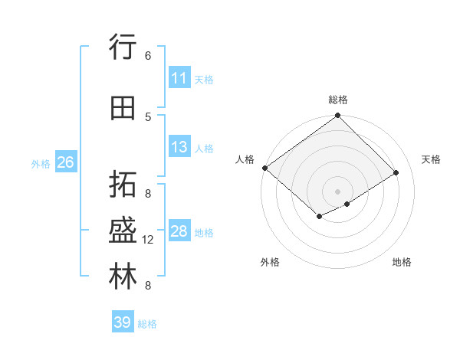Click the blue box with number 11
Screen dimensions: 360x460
(x=179, y=78)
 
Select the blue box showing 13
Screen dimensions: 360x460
(x=179, y=147)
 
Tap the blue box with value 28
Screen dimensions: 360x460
(x=179, y=231)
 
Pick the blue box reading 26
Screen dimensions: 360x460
(x=65, y=162)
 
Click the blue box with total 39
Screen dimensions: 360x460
(x=123, y=322)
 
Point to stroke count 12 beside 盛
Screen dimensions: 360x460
(x=148, y=240)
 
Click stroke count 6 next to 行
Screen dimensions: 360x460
(x=148, y=55)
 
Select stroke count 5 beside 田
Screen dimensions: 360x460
(x=148, y=116)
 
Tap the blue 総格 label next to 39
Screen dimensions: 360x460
(x=147, y=324)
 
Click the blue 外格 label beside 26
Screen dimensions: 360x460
(x=41, y=163)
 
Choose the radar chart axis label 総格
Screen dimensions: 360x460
(x=337, y=100)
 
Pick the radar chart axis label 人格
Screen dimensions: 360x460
(x=245, y=159)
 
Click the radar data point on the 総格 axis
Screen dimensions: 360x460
(x=337, y=116)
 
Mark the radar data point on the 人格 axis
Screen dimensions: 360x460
(x=264, y=168)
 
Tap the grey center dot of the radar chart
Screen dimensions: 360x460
(x=337, y=191)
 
